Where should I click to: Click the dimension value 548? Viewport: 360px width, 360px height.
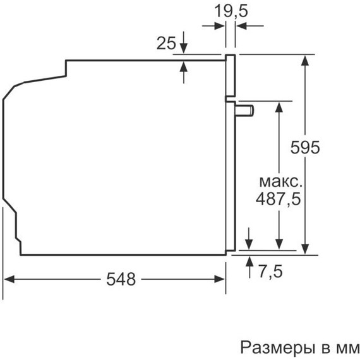[121, 279]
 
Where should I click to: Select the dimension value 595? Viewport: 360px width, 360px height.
[306, 147]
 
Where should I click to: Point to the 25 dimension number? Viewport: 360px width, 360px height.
[166, 43]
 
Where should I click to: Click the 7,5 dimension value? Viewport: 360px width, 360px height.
[270, 272]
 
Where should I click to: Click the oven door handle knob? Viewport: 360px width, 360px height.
[244, 110]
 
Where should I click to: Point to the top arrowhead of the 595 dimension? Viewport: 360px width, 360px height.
[306, 60]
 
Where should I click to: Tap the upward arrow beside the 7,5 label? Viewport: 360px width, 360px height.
[248, 261]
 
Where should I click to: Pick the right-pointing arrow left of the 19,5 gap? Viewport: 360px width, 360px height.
[220, 25]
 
